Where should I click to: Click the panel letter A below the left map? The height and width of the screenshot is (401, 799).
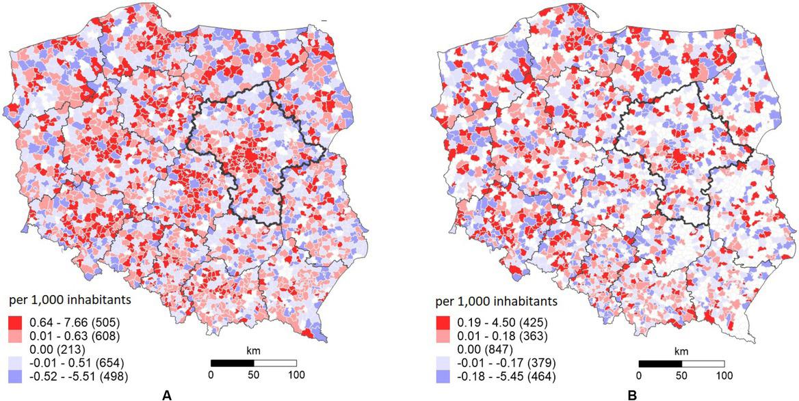pyautogui.click(x=164, y=394)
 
